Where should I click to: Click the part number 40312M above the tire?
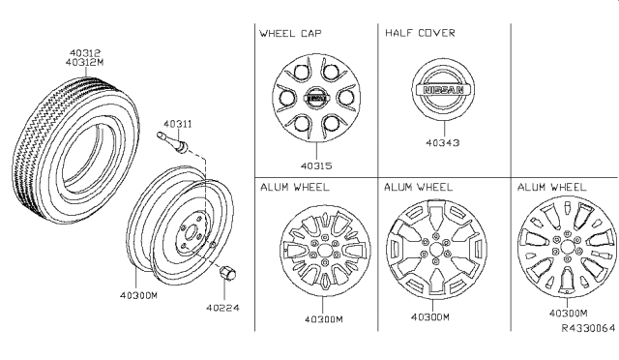pos(84,63)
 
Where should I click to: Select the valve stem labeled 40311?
pos(173,143)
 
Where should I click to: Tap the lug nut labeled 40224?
pos(227,274)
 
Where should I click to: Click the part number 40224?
pos(222,308)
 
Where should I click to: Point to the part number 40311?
pos(178,124)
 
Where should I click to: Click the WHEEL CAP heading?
pos(290,33)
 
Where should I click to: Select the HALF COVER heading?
pos(420,33)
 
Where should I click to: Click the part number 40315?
pos(316,166)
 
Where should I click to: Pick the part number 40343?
pos(443,142)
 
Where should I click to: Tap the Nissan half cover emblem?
pos(443,90)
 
